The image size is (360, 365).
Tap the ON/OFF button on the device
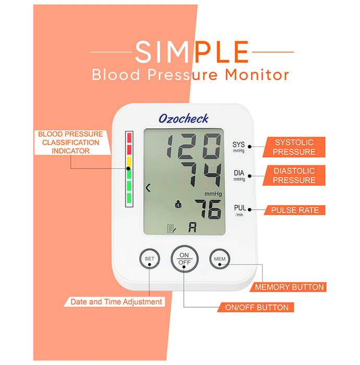[184, 259]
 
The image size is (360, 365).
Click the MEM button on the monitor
[220, 259]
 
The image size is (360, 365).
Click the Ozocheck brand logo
[184, 118]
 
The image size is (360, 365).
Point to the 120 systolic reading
[194, 147]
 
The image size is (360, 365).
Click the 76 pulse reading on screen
[208, 209]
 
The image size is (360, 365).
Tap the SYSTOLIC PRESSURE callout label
[294, 147]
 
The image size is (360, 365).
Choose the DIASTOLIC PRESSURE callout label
[294, 176]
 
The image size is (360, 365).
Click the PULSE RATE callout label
[295, 210]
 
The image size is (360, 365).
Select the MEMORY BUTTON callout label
[288, 287]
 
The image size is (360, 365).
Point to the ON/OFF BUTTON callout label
[256, 307]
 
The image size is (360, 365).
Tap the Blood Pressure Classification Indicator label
[71, 142]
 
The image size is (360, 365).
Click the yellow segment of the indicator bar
[129, 162]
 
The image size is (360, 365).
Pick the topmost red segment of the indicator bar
[129, 138]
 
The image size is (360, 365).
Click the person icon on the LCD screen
[178, 204]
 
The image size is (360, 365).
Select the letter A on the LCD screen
[193, 227]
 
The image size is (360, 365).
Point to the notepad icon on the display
[172, 228]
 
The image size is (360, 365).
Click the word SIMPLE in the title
[191, 52]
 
